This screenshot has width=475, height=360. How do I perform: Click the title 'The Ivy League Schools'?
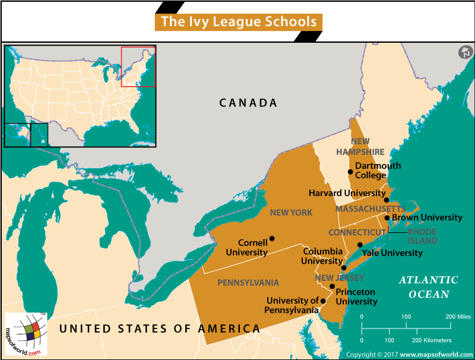pos(239,22)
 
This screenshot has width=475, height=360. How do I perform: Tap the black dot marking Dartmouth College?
pos(350,172)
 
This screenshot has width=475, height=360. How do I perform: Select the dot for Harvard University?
pos(387,200)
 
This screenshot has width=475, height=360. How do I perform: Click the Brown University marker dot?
pos(387,217)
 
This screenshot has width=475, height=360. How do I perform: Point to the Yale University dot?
pos(360,245)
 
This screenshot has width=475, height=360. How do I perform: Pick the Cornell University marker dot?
pos(272,239)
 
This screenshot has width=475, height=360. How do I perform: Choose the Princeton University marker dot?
pos(332,286)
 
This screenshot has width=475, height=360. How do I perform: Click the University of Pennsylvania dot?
pos(323,301)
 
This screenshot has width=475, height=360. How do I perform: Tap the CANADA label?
pos(248,103)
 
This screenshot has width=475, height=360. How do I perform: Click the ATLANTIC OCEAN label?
pos(428,287)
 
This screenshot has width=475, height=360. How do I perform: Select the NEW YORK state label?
pos(291,213)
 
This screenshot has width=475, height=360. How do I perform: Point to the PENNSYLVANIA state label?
pos(248,282)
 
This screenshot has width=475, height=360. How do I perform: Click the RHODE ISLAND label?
pos(422,236)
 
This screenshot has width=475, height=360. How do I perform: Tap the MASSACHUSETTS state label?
pos(370,209)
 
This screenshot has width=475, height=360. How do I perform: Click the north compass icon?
pos(464,52)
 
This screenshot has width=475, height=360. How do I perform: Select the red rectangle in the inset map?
pos(138,66)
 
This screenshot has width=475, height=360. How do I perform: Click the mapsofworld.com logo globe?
pos(28,333)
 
